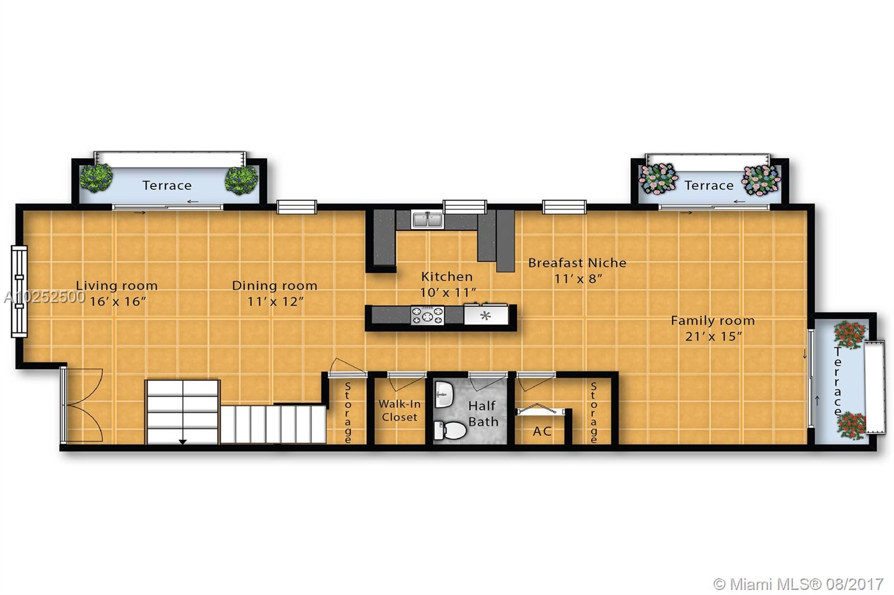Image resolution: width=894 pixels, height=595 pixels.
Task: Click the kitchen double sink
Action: click(427, 220)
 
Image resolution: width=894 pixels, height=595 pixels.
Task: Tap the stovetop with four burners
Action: click(427, 315)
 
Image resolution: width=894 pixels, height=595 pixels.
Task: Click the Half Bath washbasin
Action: click(444, 395)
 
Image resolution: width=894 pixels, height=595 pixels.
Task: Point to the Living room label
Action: click(117, 286)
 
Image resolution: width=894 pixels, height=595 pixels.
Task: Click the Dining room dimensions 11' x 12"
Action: click(275, 301)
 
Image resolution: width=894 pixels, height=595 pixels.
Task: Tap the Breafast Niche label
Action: click(577, 263)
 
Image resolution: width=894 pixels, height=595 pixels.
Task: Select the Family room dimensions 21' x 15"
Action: click(713, 337)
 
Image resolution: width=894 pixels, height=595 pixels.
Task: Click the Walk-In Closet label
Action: click(400, 410)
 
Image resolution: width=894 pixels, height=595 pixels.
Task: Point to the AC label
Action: click(542, 431)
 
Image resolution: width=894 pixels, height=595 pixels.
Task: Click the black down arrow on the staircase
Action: click(182, 441)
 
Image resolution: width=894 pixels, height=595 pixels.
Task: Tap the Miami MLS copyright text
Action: click(798, 584)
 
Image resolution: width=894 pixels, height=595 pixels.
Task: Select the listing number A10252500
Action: click(44, 297)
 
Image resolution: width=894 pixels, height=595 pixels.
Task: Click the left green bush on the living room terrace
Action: click(96, 178)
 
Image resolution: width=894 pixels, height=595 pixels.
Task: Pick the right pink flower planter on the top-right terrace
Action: click(760, 180)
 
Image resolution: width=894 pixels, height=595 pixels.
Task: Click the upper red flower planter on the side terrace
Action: click(850, 335)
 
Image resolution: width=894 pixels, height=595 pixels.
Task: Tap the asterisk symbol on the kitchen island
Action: click(486, 316)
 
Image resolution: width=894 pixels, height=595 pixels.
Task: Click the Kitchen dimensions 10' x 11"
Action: click(448, 292)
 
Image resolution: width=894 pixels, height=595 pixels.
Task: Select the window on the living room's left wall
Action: click(19, 291)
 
